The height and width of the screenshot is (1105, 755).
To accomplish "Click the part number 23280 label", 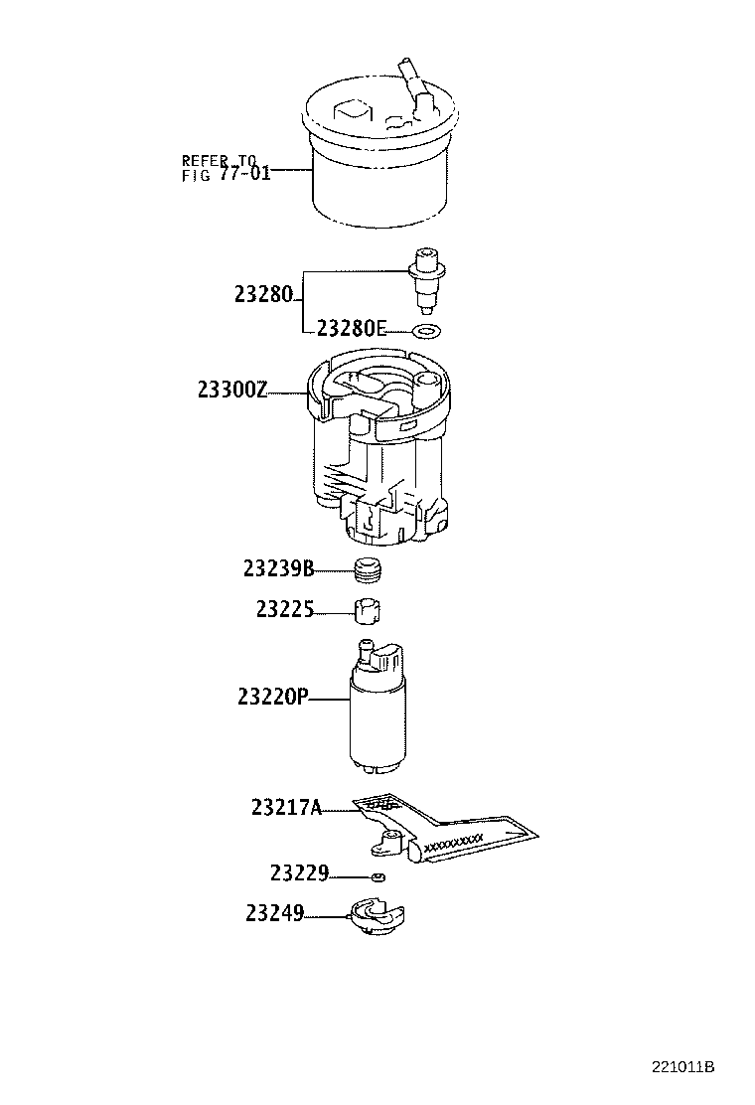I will (265, 294).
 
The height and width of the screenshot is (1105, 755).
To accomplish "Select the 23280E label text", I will (351, 329).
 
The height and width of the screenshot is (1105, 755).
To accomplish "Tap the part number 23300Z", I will (231, 391).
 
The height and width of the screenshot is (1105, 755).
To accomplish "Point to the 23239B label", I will (278, 568).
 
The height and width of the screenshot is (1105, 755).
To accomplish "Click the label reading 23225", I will (284, 609).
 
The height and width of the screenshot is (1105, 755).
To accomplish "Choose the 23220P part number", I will (273, 698).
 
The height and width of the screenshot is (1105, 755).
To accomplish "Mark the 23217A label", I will (286, 808).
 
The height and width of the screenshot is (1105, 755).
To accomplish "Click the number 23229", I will (299, 874).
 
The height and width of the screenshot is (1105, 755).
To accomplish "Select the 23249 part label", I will (274, 912).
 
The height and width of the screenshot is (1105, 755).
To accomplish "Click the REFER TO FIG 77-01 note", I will (226, 168).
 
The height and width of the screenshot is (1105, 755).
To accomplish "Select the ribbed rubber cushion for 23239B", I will (369, 570).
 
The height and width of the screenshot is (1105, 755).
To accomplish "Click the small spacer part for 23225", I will (369, 610).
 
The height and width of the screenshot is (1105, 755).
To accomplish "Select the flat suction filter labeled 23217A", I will (447, 827).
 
